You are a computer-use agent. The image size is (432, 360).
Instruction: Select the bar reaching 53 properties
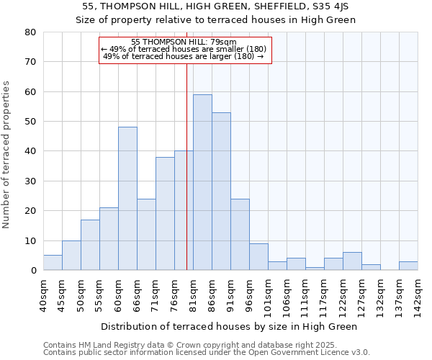tap(221, 191)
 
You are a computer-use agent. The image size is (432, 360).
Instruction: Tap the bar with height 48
tap(127, 199)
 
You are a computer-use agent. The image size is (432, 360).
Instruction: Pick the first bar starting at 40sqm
tap(53, 263)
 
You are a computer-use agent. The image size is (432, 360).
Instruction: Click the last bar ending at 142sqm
tap(408, 266)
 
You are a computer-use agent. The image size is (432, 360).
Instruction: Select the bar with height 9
tap(258, 257)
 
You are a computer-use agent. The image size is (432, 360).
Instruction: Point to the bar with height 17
tap(90, 245)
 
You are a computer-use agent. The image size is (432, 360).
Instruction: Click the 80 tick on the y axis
tap(30, 32)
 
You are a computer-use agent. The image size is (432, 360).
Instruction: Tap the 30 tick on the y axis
tap(30, 181)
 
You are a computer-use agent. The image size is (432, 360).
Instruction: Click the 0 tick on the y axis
tap(32, 271)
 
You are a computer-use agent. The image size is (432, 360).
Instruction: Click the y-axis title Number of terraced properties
tap(7, 155)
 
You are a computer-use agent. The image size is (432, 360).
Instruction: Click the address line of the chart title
tap(216, 6)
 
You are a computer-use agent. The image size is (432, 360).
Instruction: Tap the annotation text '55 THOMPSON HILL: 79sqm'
tap(185, 42)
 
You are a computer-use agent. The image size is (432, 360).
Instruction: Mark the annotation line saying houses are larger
tap(184, 55)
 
